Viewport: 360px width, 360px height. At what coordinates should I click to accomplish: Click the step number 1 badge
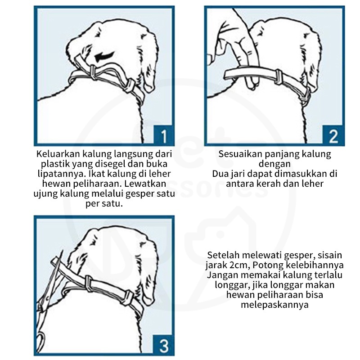[163, 135]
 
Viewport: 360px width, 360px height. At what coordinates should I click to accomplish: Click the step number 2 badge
[333, 135]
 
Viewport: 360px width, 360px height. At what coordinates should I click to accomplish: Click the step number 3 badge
[163, 346]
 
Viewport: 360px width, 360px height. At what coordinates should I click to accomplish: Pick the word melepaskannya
[274, 305]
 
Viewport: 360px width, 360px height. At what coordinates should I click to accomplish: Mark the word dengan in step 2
[274, 164]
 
